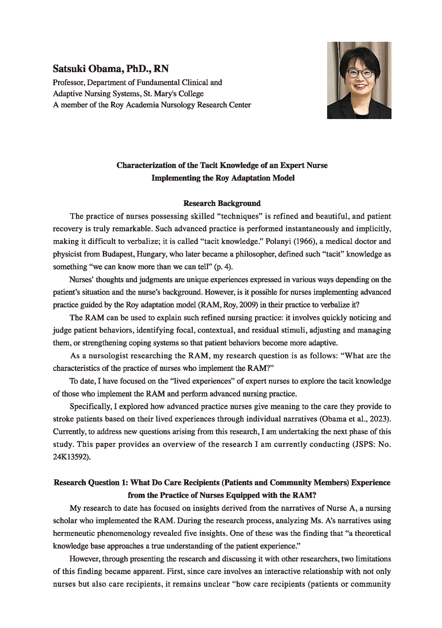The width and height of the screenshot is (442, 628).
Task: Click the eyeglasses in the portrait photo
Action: click(359, 73)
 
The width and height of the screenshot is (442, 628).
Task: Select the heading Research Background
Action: click(222, 203)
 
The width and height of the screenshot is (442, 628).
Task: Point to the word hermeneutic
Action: click(73, 533)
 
